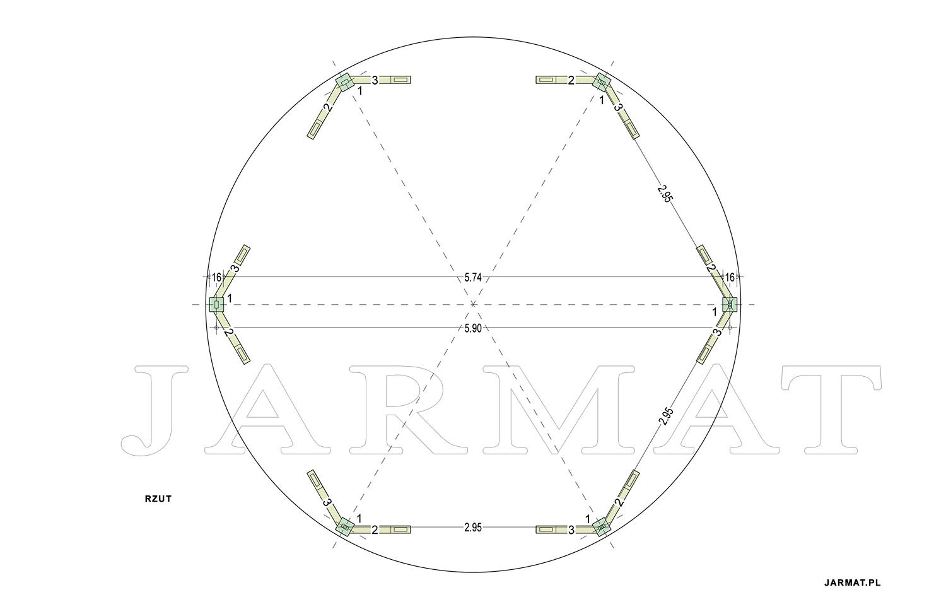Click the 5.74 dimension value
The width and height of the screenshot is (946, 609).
[472, 278]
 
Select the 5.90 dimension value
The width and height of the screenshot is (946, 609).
[472, 328]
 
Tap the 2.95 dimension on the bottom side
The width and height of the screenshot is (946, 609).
[472, 527]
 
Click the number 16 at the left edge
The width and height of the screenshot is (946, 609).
[216, 278]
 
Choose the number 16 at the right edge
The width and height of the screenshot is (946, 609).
[729, 278]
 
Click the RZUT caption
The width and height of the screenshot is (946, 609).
[158, 499]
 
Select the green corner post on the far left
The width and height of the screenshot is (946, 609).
[216, 304]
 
